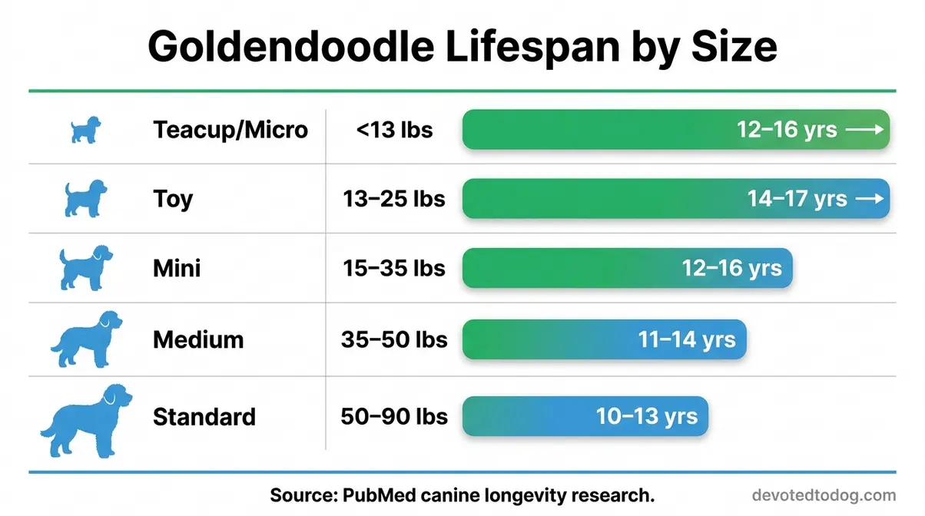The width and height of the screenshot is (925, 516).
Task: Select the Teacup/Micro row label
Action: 230,129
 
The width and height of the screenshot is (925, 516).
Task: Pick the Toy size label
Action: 173,200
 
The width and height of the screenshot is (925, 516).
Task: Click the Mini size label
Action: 177,269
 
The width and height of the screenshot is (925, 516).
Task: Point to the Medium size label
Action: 198,339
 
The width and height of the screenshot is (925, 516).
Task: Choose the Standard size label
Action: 204,417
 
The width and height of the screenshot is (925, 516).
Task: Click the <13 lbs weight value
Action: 394,130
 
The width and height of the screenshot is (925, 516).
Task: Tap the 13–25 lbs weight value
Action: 394,199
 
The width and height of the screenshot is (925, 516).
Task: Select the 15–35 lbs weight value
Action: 394,269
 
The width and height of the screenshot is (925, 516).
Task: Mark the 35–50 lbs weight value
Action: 394,339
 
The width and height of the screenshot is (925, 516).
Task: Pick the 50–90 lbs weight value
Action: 394,416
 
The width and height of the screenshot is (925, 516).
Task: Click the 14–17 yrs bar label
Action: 797,199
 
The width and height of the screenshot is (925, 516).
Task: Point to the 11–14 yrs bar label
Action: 687,339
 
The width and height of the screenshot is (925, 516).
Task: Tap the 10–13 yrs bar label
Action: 647,416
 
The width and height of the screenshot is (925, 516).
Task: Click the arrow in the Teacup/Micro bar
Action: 865,130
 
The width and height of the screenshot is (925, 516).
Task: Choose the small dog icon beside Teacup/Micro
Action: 85,130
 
